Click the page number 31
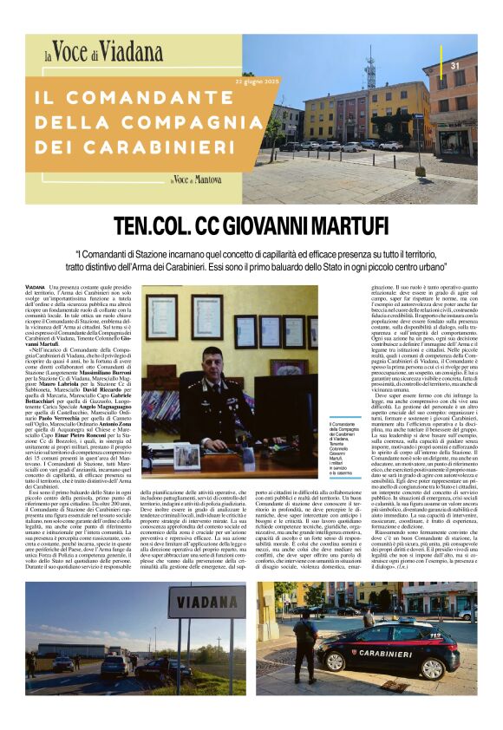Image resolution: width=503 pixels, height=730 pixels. [x=454, y=66]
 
